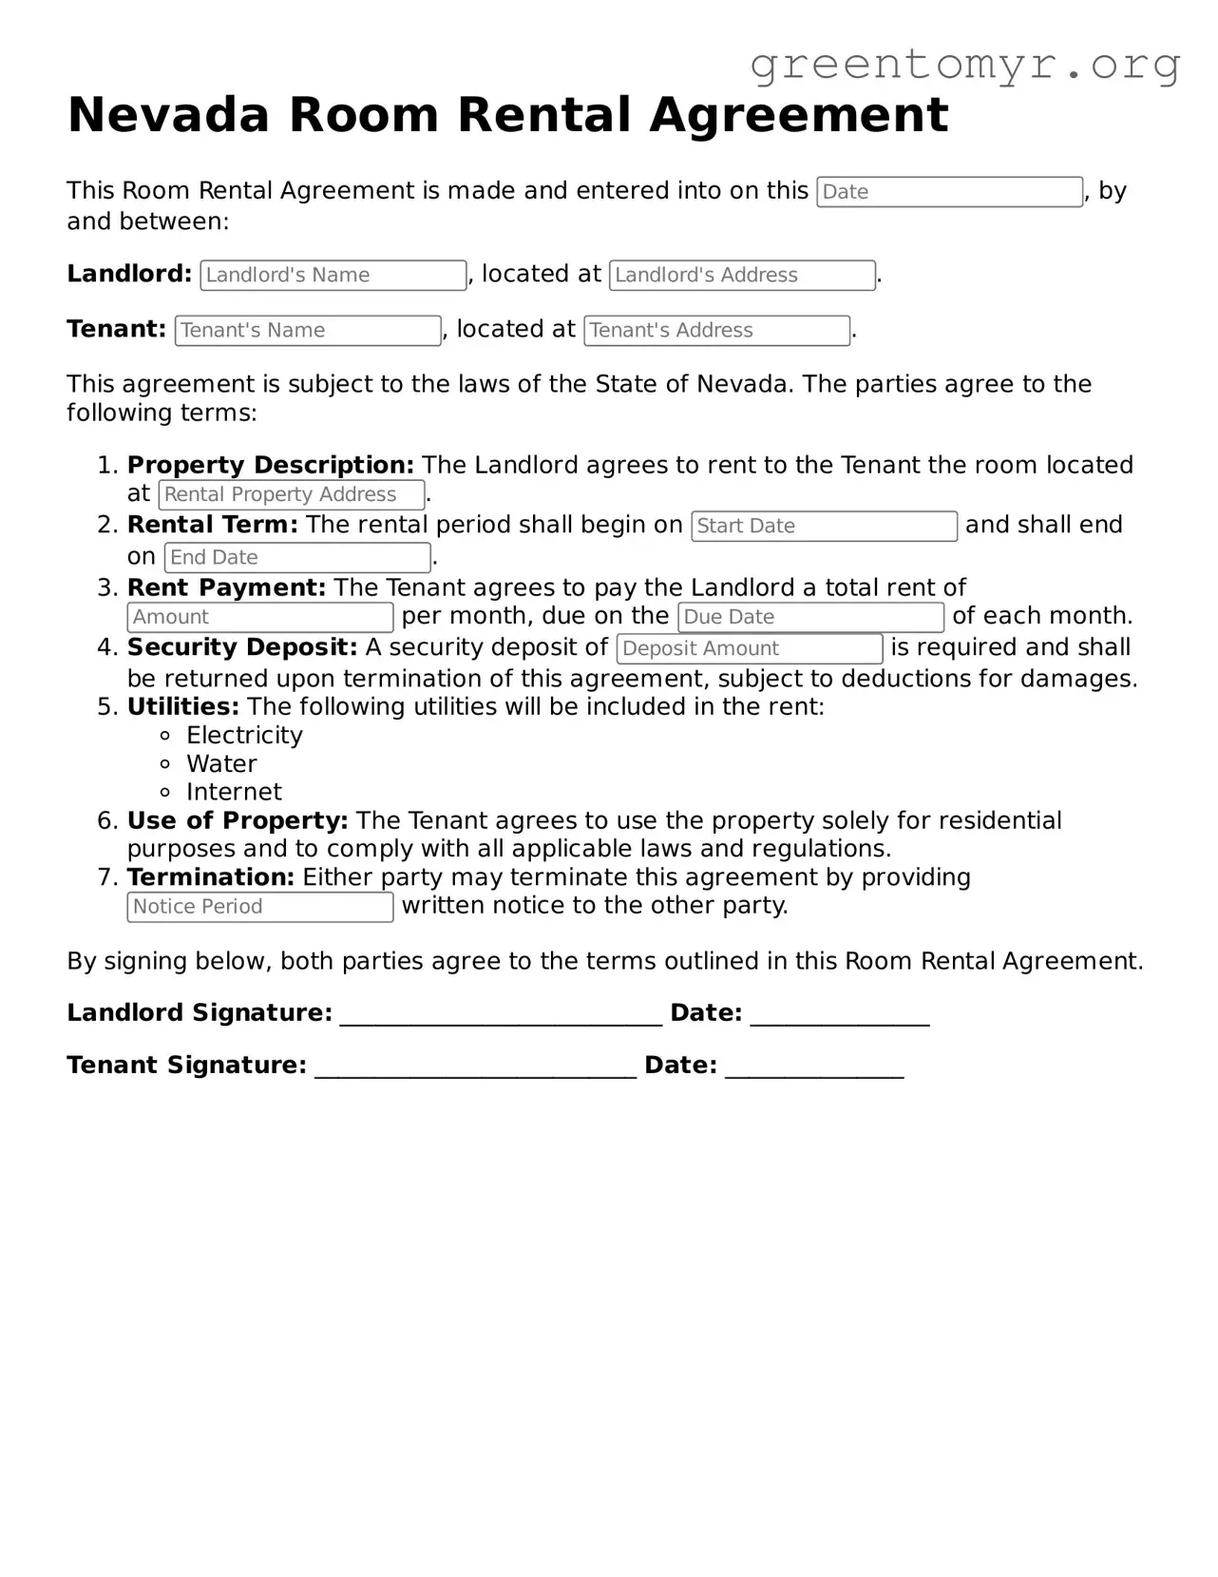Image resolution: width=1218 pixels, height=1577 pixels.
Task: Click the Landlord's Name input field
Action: point(333,276)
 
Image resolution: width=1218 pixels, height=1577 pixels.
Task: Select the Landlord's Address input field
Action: point(742,276)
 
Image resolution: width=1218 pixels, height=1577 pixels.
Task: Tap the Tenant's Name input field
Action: point(308,331)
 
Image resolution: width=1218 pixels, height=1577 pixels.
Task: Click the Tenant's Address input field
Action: point(716,331)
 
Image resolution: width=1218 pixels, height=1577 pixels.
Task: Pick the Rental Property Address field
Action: point(292,495)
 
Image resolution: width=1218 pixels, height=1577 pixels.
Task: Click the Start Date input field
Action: point(824,527)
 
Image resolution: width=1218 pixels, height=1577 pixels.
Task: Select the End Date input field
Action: point(297,558)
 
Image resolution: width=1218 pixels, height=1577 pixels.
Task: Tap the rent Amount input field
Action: point(259,618)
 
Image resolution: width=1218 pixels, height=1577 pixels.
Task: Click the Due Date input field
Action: point(810,618)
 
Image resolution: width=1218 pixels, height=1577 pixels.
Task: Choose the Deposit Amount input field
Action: point(750,649)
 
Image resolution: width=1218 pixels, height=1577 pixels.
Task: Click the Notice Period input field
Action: point(259,908)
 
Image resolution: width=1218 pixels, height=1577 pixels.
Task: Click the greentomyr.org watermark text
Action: point(965,65)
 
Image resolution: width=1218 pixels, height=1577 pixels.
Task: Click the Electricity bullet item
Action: point(244,736)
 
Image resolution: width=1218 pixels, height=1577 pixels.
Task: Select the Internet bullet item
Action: point(234,793)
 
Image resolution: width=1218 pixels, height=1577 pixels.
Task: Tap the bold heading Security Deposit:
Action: point(242,648)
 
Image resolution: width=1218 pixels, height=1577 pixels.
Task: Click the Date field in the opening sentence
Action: point(949,192)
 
